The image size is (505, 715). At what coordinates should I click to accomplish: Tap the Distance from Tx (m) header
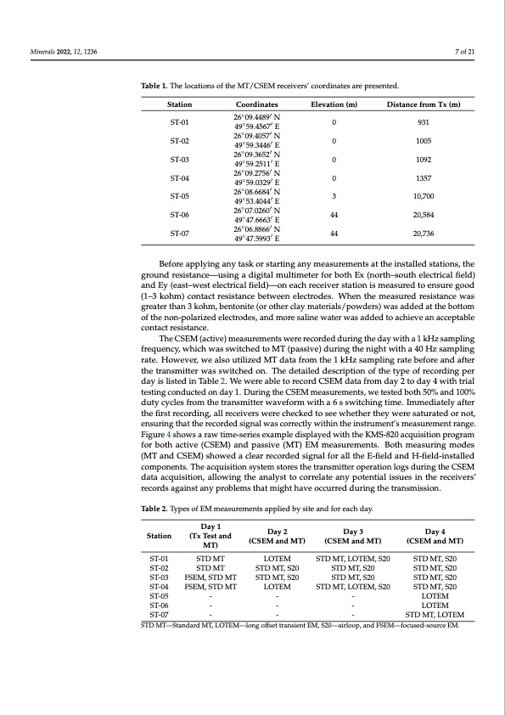pyautogui.click(x=423, y=105)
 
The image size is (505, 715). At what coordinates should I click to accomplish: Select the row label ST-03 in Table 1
pyautogui.click(x=179, y=160)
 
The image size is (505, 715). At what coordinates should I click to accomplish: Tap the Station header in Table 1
pyautogui.click(x=179, y=105)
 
